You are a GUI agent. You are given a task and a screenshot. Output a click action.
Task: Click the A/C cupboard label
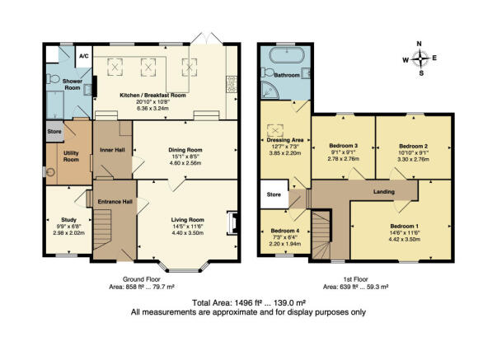coord(84,56)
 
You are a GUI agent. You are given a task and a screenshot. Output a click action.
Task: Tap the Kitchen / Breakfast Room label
coord(152,95)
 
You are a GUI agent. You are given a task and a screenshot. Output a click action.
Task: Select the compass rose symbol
coord(420,58)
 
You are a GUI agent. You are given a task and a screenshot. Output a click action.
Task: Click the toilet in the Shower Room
coord(53,78)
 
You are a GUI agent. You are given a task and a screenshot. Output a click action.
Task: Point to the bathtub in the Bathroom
coord(287,55)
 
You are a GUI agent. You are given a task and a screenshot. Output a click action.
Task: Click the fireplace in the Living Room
coord(232,223)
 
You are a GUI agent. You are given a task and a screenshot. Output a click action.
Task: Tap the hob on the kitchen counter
coord(232,84)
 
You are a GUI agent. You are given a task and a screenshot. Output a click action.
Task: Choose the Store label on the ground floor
coord(54,131)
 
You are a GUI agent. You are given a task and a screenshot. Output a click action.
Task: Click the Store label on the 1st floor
coord(274,194)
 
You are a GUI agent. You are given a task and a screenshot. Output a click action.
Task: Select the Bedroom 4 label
coord(285,231)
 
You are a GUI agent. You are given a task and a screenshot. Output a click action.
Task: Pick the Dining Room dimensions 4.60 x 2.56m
coord(185,163)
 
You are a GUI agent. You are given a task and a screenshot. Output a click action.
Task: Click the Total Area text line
coord(249,302)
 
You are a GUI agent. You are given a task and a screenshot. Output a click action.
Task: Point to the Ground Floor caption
coord(142,279)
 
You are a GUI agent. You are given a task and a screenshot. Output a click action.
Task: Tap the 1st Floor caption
coord(355,279)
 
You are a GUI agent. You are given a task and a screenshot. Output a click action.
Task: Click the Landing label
coord(384,192)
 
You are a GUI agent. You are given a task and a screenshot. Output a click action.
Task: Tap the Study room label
coord(68,220)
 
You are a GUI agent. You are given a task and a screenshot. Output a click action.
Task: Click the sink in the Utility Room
coord(50,172)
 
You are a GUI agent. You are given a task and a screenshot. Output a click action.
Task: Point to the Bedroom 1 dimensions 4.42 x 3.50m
coord(405,239)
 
